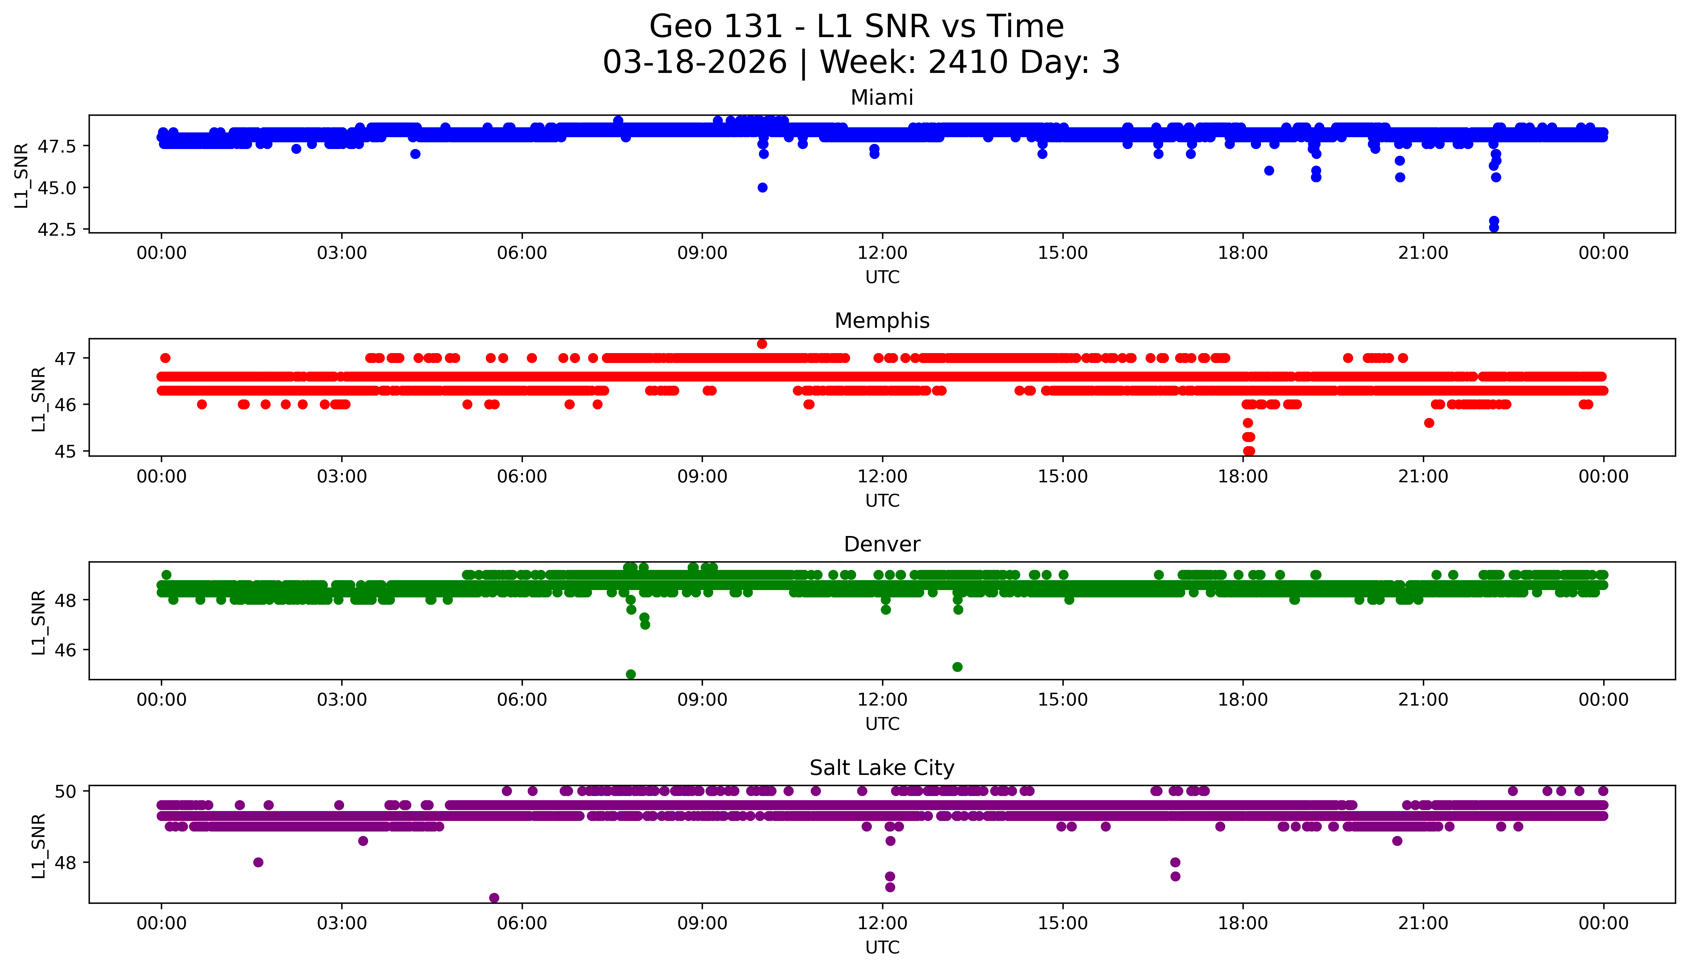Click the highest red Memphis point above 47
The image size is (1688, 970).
762,344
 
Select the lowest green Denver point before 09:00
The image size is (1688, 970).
631,674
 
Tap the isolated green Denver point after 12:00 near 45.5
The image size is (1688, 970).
957,667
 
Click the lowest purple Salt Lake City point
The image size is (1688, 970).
493,897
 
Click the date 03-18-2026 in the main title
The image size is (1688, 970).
695,63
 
